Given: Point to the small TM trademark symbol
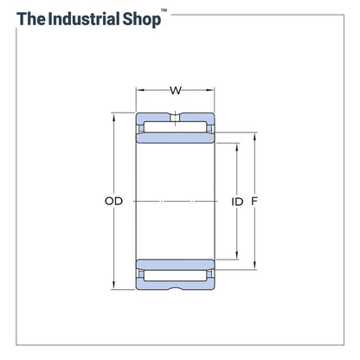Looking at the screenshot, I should [165, 11].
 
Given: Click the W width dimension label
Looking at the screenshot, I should [176, 90].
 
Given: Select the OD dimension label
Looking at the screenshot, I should [113, 201].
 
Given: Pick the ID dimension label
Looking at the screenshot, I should [237, 201].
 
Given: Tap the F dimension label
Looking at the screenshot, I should [254, 201].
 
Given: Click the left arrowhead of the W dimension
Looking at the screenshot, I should [139, 90].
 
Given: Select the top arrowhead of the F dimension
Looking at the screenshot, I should [254, 135].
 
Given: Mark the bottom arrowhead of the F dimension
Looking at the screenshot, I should [254, 267].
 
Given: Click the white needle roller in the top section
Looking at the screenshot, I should [176, 127].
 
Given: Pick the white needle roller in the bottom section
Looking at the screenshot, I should [176, 275].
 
